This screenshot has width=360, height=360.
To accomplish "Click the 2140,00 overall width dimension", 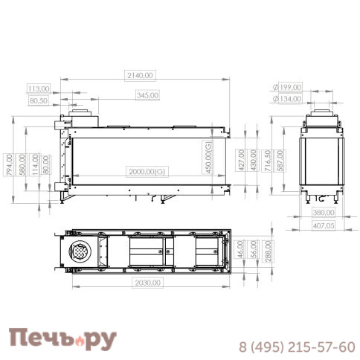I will pos(141,74).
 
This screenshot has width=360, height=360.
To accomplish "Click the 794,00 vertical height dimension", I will pos(9,164).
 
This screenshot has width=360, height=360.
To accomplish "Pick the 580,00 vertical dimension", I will pos(22,164).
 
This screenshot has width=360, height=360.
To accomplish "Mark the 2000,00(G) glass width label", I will pos(147,172).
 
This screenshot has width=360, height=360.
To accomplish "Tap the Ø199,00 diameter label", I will pos(287,87).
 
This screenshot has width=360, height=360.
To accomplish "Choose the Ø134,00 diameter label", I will pos(287,99).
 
